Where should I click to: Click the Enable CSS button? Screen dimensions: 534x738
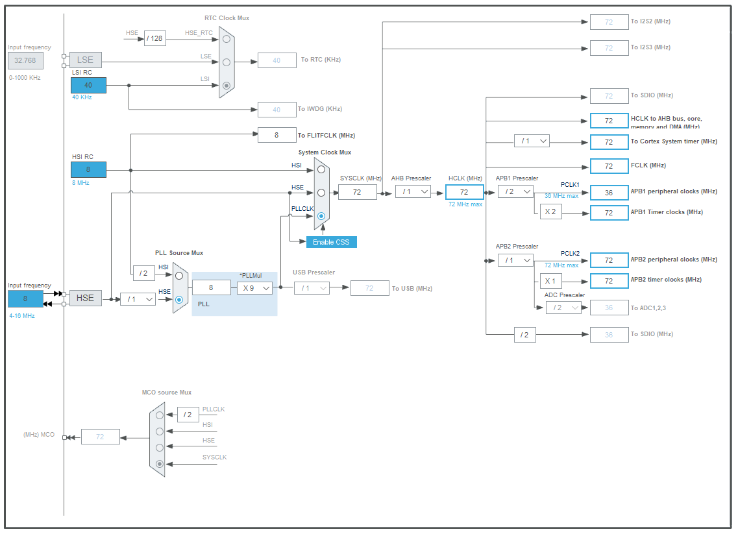coord(332,242)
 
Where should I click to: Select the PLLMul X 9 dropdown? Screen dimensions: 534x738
coord(254,288)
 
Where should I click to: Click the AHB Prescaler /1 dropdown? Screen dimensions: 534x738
coord(413,191)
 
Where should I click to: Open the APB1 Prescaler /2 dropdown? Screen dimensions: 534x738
coord(515,191)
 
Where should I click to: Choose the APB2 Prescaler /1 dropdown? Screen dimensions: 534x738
coord(515,260)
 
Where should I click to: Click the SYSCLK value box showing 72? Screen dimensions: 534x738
coord(357,192)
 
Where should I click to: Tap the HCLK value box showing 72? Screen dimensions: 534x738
coord(464,192)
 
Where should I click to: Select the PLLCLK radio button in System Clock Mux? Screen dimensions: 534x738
coord(321,216)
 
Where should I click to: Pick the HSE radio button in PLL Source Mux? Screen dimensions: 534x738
coord(179,300)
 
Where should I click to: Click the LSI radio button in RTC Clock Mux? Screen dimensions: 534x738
coord(226,85)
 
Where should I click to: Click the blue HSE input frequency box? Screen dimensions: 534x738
coord(25,298)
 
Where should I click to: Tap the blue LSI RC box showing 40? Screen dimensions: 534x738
coord(88,85)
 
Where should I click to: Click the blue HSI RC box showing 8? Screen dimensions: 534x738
coord(88,170)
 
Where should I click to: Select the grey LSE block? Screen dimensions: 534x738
coord(86,60)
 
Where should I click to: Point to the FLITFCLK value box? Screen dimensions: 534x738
coord(277,135)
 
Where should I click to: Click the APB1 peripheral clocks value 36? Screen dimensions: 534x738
coord(609,193)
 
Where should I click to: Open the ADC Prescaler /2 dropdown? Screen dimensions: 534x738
coord(563,308)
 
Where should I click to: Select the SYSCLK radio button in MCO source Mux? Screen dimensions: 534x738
coord(160,463)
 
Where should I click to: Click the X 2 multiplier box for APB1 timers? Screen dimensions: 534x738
coord(550,212)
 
